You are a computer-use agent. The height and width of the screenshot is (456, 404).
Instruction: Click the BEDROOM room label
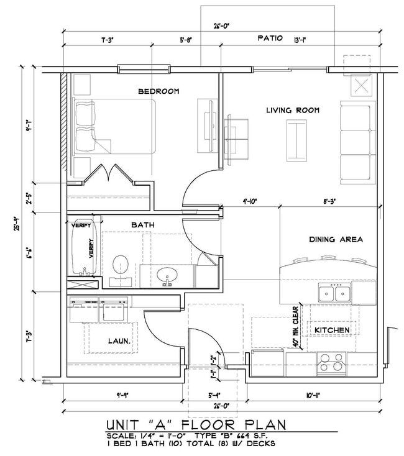pos(158,91)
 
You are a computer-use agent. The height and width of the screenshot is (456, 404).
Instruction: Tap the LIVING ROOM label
pos(293,110)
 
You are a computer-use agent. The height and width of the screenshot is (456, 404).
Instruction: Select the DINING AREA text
pos(336,239)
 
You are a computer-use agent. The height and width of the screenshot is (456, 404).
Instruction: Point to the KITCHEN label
pos(332,329)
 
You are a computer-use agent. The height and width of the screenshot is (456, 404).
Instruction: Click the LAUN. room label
pos(118,340)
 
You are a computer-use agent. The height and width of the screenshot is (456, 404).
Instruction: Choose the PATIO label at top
pos(270,39)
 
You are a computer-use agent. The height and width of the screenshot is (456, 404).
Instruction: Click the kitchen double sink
pos(335,292)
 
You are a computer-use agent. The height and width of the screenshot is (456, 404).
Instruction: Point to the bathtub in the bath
pos(83,247)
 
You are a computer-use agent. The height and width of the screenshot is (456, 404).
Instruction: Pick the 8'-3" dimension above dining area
pos(329,201)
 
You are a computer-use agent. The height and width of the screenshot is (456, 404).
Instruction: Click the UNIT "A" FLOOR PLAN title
pos(196,425)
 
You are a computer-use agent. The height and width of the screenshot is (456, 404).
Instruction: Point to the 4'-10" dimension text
pos(250,201)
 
